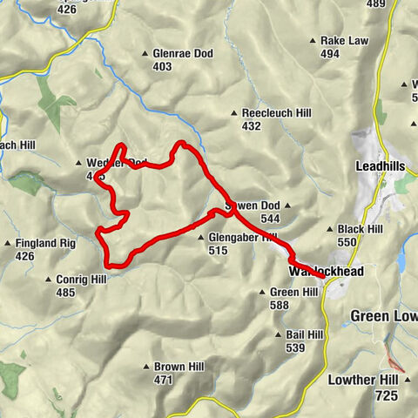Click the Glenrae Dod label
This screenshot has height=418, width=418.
[183, 53]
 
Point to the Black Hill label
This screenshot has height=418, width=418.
[361, 229]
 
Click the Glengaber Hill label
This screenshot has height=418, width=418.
[243, 237]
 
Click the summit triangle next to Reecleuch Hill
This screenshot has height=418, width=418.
[234, 113]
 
